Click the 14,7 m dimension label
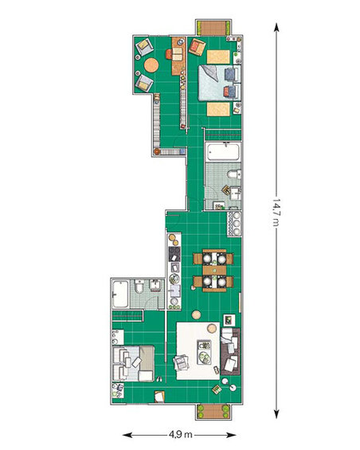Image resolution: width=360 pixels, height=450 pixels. (x=276, y=212)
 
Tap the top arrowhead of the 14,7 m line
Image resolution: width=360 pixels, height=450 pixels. (x=276, y=27)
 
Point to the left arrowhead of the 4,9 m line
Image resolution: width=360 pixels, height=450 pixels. (x=127, y=435)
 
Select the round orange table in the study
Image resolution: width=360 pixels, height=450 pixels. (x=151, y=65)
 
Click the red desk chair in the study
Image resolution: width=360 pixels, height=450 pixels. (x=169, y=54)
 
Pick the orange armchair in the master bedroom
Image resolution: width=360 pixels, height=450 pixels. (x=197, y=47)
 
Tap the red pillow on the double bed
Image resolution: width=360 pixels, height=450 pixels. (x=226, y=92)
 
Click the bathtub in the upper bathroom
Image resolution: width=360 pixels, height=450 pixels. (x=223, y=152)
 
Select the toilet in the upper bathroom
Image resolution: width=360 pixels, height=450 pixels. (x=233, y=174)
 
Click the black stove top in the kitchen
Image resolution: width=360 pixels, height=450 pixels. (x=174, y=254)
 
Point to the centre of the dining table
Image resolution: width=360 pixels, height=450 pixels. (x=214, y=270)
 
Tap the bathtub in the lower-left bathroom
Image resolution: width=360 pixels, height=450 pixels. (x=120, y=294)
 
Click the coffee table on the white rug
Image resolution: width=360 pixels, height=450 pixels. (x=204, y=352)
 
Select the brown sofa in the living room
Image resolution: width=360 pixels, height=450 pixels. (x=230, y=351)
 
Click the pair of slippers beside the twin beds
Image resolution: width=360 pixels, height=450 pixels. (x=158, y=379)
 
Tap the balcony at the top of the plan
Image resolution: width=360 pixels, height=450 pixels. (x=213, y=28)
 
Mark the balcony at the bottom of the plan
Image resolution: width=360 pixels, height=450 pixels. (x=213, y=412)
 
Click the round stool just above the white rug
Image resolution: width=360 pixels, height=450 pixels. (x=197, y=315)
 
